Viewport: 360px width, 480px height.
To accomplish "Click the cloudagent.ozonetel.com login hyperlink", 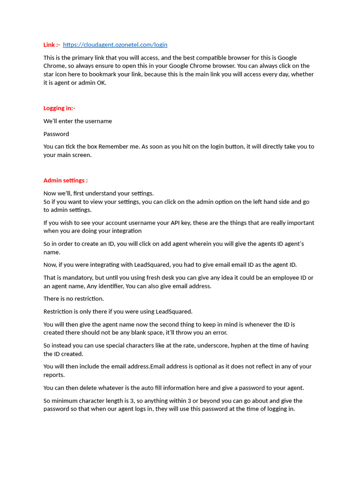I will click(115, 45).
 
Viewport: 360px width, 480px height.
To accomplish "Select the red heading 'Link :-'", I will click(52, 45).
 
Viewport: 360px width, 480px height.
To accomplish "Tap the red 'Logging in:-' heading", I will click(60, 108).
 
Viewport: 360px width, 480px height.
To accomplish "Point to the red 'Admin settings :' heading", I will click(66, 180).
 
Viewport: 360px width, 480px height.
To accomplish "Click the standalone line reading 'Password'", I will click(56, 134).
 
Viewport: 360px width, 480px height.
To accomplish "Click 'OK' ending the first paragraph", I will click(101, 82).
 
